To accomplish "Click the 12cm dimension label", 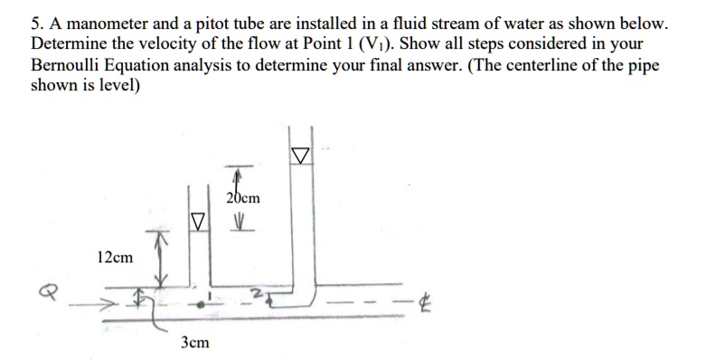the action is click(115, 258).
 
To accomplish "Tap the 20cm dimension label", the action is click(243, 198).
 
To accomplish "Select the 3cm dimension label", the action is click(195, 343).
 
